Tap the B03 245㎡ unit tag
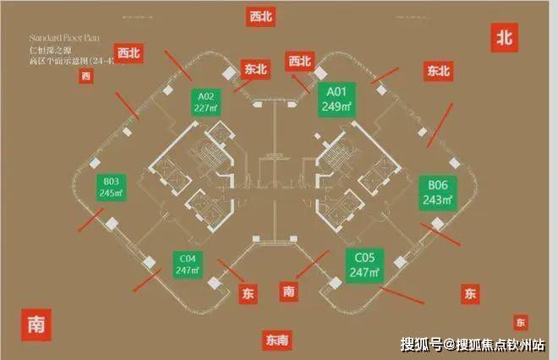point(112,188)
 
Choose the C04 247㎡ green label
point(188,265)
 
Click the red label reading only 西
point(85,78)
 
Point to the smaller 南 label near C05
point(290,292)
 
